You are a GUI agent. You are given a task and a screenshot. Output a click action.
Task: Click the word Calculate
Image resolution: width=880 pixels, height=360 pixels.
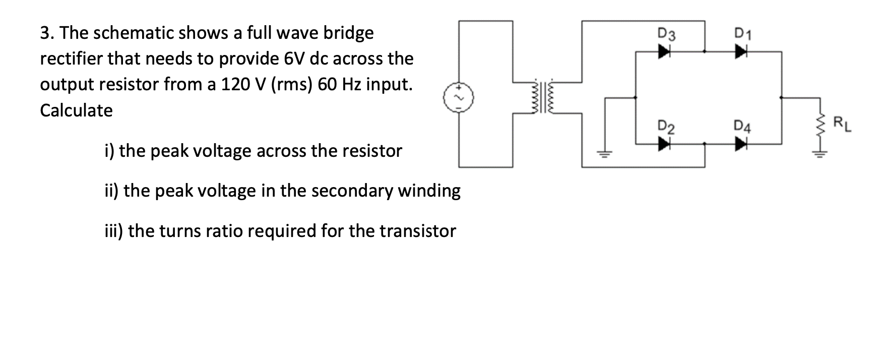[77, 110]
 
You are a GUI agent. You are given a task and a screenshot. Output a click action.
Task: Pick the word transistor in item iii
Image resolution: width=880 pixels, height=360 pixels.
[418, 231]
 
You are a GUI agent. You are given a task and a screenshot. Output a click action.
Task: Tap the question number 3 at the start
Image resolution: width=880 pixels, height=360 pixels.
[45, 33]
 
